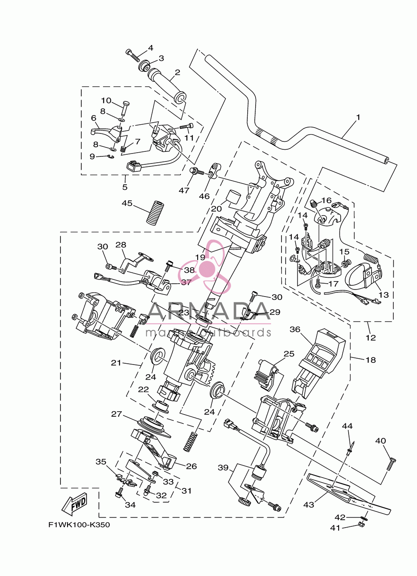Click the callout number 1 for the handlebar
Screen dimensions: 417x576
(x=358, y=117)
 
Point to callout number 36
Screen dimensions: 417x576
(x=295, y=330)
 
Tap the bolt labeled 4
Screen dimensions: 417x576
(x=133, y=54)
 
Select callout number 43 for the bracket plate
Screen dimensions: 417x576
(x=309, y=505)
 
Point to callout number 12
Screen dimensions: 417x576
(x=371, y=337)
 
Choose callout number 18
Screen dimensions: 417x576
(x=371, y=360)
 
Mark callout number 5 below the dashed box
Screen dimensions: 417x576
(x=125, y=187)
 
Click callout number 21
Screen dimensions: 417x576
(x=116, y=363)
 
